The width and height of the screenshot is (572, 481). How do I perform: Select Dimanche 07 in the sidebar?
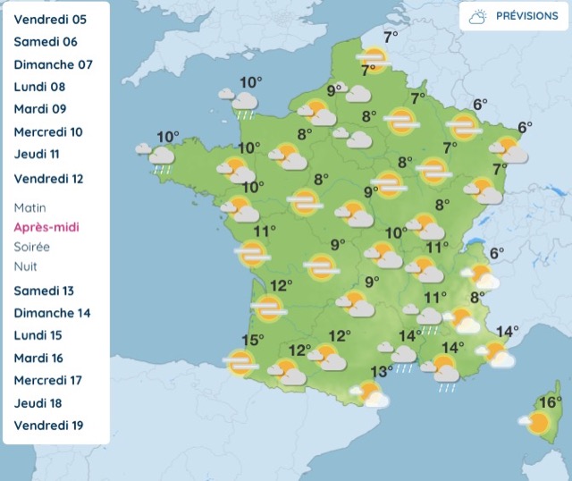click(53, 64)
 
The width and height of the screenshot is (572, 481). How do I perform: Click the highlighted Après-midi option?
click(46, 227)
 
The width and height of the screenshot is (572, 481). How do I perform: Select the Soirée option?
click(32, 247)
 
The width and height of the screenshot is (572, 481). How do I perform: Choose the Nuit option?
click(26, 266)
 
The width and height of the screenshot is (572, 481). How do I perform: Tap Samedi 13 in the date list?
click(44, 291)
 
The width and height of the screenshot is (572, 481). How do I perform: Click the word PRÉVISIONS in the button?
click(526, 16)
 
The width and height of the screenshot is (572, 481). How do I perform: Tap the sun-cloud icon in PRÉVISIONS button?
click(478, 17)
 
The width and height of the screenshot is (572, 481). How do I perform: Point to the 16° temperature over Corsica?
click(550, 402)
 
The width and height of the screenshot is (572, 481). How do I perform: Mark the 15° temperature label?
click(252, 341)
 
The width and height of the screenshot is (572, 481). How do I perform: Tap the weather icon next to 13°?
click(369, 393)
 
